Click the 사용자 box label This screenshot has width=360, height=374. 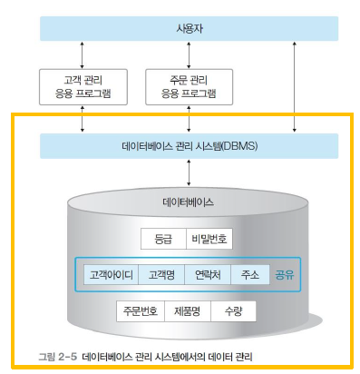click(x=190, y=29)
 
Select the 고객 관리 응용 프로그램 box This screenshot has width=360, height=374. click(x=83, y=87)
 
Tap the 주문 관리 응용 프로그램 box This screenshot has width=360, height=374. click(x=189, y=87)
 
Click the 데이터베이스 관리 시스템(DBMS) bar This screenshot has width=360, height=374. click(x=189, y=146)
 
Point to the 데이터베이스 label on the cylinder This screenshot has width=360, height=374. click(x=188, y=202)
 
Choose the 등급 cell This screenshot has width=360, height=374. click(x=163, y=239)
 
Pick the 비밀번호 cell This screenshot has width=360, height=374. click(x=209, y=239)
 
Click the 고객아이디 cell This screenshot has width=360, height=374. click(x=111, y=275)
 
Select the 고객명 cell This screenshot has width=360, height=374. click(x=161, y=275)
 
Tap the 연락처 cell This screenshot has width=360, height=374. click(x=208, y=275)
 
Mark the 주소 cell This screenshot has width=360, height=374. click(x=250, y=275)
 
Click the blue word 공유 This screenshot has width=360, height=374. click(x=284, y=275)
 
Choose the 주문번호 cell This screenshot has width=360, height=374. click(x=141, y=311)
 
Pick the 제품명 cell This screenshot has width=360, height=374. click(x=188, y=311)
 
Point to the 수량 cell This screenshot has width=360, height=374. click(x=233, y=311)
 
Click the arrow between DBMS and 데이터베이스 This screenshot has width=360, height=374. click(x=189, y=172)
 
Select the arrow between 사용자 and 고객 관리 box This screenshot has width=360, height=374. click(x=82, y=55)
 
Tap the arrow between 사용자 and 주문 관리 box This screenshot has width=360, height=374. click(x=189, y=55)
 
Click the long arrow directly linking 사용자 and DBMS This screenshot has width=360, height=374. click(x=295, y=87)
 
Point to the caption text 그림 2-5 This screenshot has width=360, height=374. click(x=58, y=357)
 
